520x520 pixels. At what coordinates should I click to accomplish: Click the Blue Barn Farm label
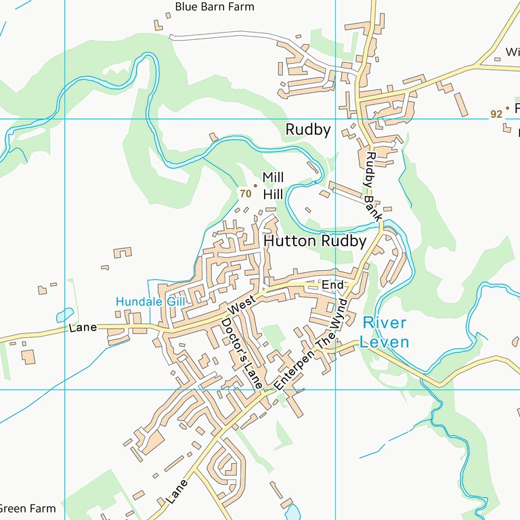(x=214, y=7)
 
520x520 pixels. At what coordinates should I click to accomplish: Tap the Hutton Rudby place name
(x=315, y=241)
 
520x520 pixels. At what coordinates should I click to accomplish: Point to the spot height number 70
(x=245, y=194)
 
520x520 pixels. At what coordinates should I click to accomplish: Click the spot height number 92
(x=496, y=114)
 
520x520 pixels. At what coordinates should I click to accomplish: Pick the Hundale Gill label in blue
(x=150, y=301)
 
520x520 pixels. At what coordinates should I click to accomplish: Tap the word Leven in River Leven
(x=384, y=342)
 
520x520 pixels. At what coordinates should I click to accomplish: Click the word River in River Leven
(x=384, y=323)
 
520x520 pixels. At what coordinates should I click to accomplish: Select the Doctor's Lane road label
(x=242, y=353)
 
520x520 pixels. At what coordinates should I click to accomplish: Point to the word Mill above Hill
(x=273, y=177)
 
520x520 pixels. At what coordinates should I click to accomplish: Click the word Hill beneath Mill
(x=273, y=195)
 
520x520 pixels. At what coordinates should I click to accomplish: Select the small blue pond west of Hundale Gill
(x=65, y=316)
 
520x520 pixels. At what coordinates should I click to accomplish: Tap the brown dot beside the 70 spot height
(x=255, y=185)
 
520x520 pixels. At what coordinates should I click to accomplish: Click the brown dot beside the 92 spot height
(x=507, y=108)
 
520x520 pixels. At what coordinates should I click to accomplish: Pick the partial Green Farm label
(x=27, y=508)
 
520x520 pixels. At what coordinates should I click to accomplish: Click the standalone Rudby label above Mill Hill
(x=308, y=130)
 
